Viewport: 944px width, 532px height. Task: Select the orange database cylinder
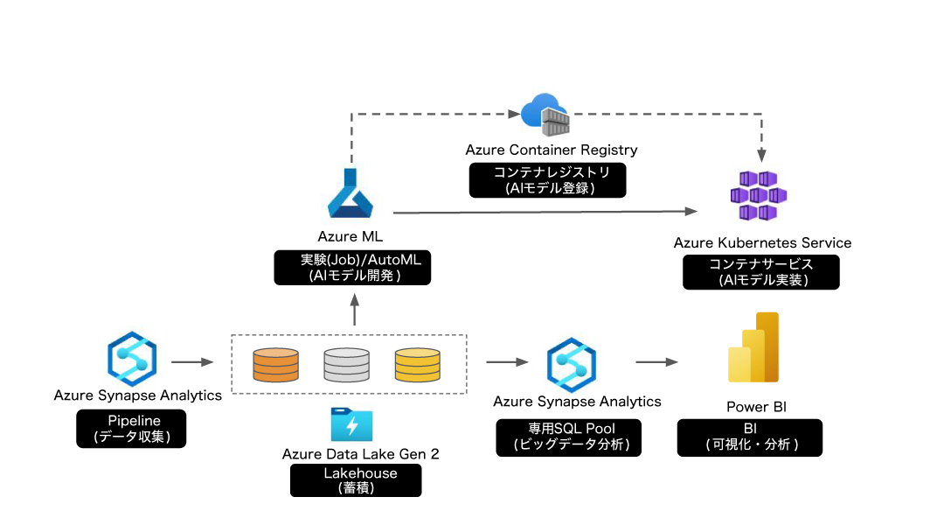point(275,365)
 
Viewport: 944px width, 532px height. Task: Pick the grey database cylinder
point(346,365)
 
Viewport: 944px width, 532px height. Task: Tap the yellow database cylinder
point(417,365)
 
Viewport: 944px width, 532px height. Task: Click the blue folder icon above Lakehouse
point(352,424)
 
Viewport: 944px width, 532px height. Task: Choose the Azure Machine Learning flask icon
point(352,193)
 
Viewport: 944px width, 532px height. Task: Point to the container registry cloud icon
point(547,114)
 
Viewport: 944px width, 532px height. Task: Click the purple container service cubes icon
point(761,192)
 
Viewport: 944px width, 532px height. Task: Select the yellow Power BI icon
point(753,347)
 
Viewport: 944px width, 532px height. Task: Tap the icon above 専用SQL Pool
point(572,365)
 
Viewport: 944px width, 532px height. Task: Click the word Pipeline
point(134,421)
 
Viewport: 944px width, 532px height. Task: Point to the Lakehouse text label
point(360,472)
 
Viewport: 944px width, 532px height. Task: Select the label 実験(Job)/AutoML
point(361,260)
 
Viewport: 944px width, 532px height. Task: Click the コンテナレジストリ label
point(552,171)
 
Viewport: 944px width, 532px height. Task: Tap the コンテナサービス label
point(760,263)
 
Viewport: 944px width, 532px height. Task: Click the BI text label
point(750,428)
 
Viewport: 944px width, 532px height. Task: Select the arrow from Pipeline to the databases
point(192,361)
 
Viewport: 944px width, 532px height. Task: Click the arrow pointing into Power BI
point(657,361)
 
